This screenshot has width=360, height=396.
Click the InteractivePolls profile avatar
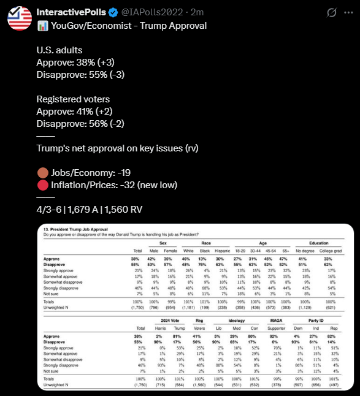19,19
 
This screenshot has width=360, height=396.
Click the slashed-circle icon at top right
332,12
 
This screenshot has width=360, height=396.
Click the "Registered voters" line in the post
73,99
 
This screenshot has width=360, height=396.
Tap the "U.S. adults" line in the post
59,50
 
